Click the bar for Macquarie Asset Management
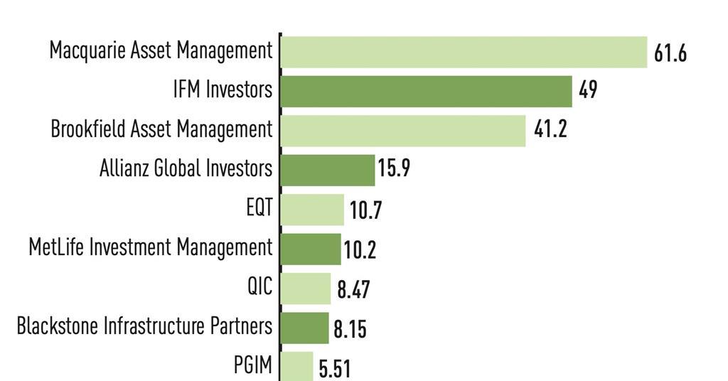coord(464,52)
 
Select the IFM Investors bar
coord(426,91)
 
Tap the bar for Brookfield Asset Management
coord(402,130)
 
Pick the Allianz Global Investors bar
coord(327,170)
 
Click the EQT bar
coord(312,209)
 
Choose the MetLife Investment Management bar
coord(311,249)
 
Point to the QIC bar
coord(306,288)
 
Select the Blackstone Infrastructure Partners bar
coord(305,328)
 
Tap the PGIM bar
coord(297,365)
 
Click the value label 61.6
coord(670,53)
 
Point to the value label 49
coord(588,91)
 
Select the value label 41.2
coord(550,130)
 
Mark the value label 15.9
coord(394,170)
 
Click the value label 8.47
coord(353,290)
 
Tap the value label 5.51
coord(334,368)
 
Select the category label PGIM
coord(253,366)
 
